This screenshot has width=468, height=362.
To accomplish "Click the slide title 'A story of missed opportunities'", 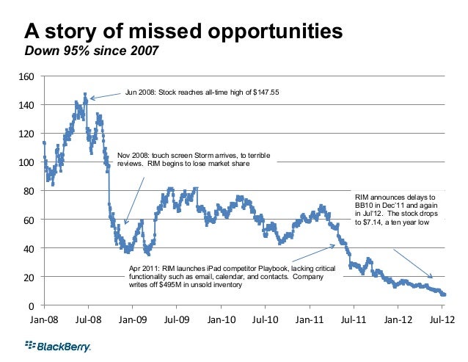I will [x=183, y=32].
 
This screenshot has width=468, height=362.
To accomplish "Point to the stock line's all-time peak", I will [x=85, y=94].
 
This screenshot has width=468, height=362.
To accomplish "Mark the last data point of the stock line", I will [x=445, y=294].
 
